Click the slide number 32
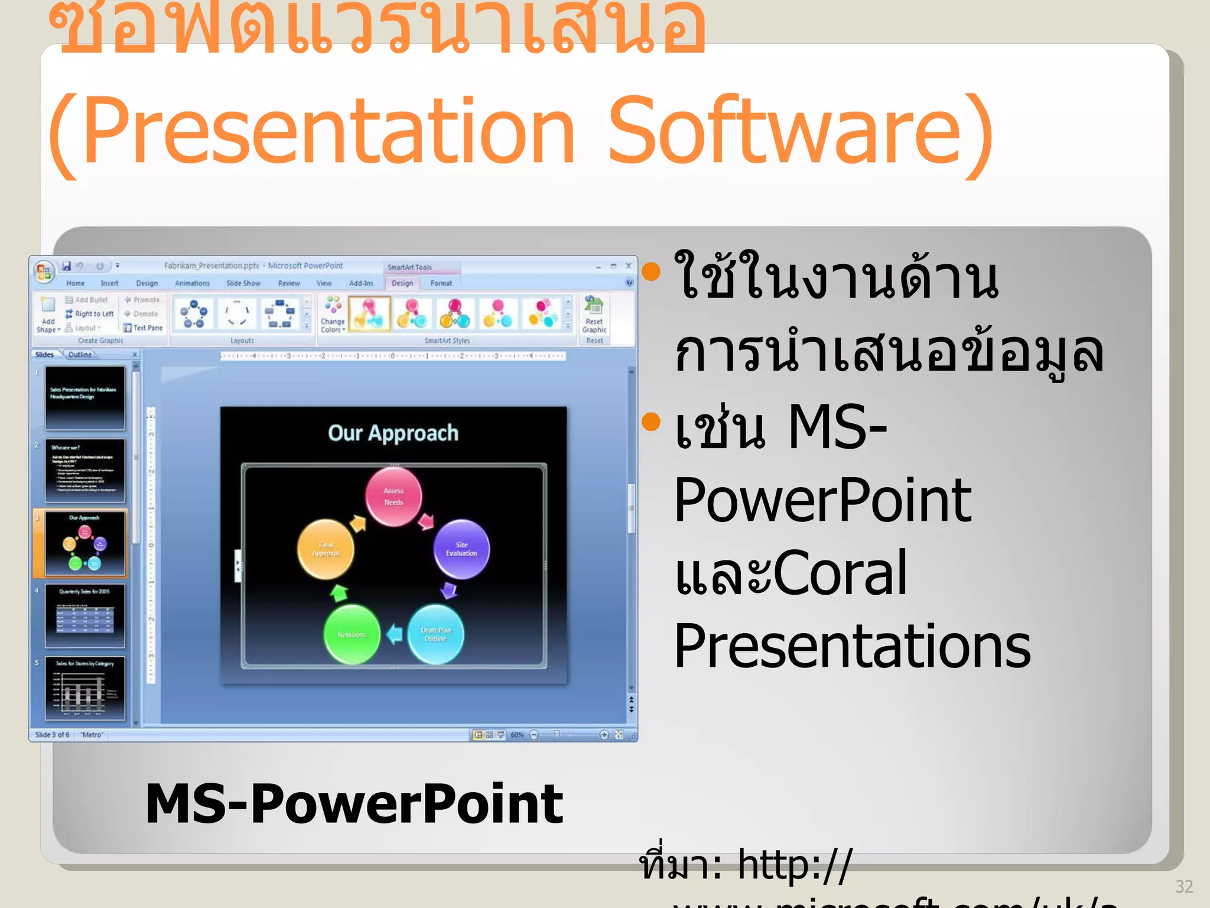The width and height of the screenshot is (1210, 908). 1184,886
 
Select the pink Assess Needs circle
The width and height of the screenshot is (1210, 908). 393,497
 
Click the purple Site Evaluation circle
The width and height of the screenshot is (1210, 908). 461,549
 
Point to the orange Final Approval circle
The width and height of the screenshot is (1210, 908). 326,549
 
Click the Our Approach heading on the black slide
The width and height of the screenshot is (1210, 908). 393,433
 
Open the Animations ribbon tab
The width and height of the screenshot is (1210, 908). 192,284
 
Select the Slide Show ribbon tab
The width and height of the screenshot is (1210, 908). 243,284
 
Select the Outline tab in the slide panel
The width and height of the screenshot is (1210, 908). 80,355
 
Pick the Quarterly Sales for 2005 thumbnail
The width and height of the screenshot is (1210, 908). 85,616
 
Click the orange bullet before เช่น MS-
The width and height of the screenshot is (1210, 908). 650,422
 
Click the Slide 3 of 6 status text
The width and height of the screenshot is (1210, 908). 52,735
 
